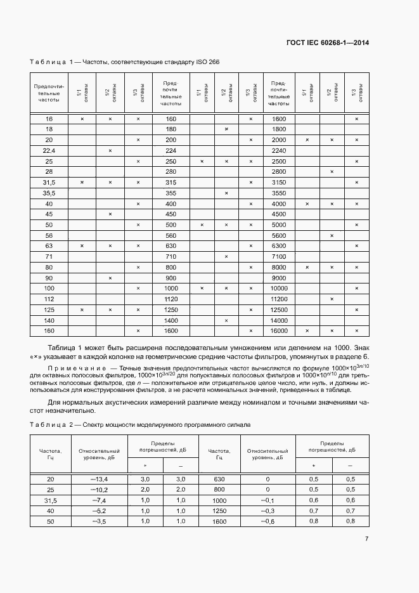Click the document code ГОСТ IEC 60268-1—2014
pos(328,43)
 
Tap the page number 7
pos(366,539)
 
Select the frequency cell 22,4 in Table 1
pos(49,150)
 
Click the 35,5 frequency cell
pos(49,193)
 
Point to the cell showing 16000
pos(279,331)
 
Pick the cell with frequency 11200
pos(279,299)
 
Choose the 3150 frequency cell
pos(279,183)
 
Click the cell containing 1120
pos(170,299)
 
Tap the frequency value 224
pos(170,150)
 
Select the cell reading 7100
pos(279,256)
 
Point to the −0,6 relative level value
pos(268,521)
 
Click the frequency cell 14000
pos(279,320)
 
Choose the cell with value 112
pos(49,299)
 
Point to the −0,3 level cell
pos(268,511)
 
